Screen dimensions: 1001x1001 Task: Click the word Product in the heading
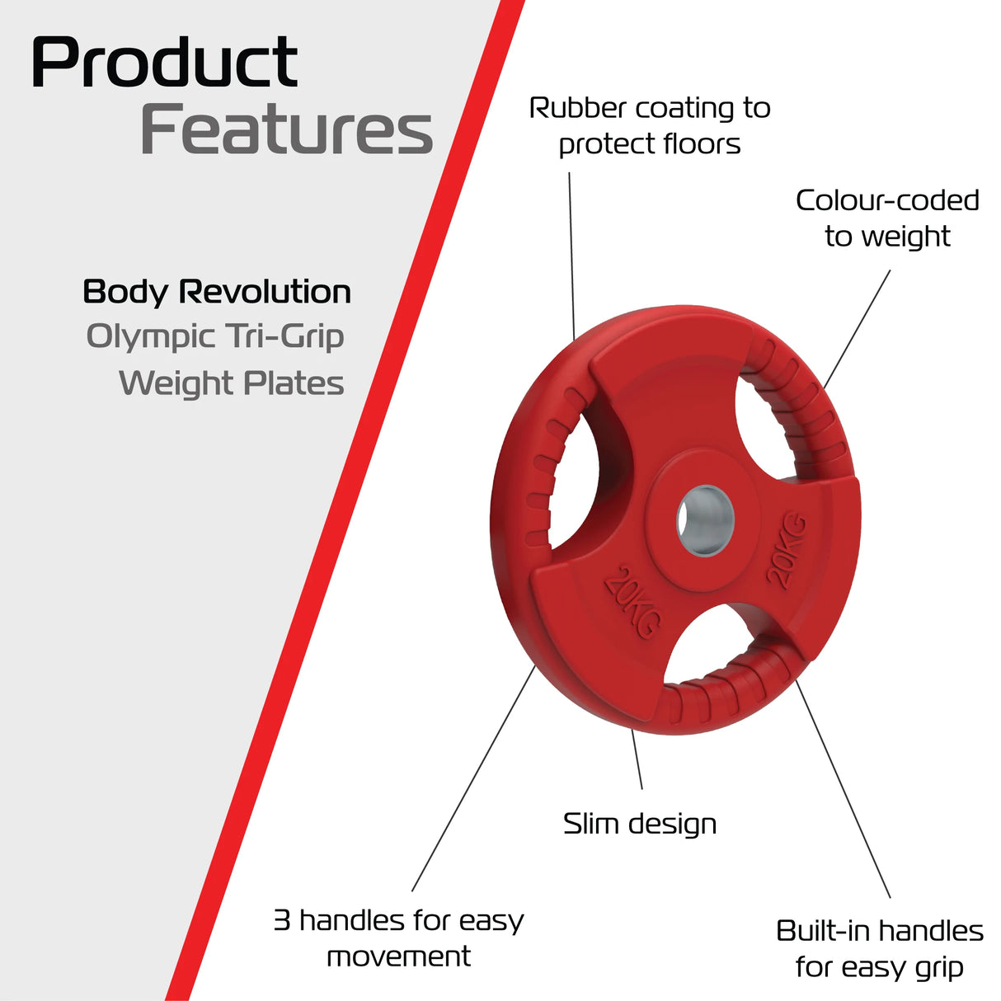[164, 63]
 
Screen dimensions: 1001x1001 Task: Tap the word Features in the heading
[286, 130]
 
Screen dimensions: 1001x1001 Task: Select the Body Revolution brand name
[217, 292]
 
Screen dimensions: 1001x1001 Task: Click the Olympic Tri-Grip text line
[215, 336]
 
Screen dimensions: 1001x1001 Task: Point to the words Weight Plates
[232, 383]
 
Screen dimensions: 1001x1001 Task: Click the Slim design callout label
[639, 824]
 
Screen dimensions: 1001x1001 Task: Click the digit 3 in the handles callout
[282, 920]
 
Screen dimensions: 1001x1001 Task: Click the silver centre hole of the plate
[705, 521]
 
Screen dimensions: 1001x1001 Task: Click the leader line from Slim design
[637, 759]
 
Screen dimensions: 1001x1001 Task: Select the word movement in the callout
[398, 956]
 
